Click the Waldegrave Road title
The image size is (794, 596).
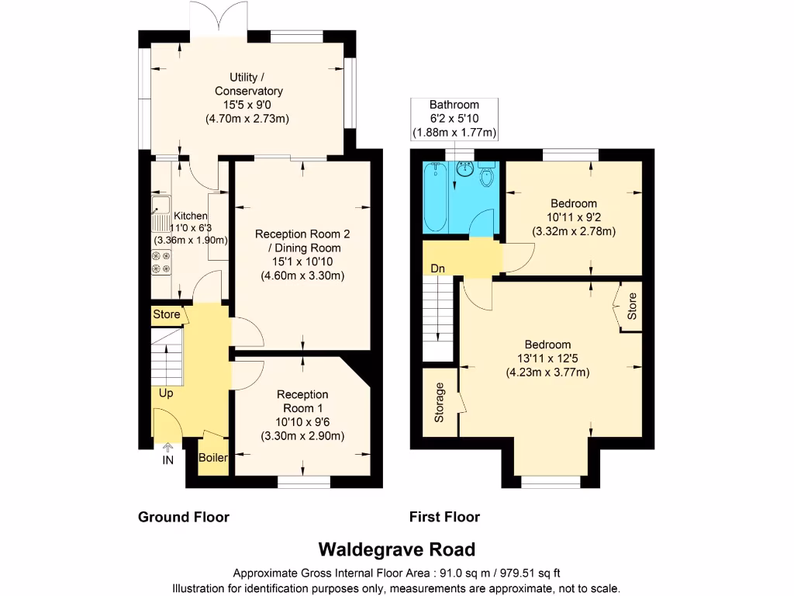(x=397, y=549)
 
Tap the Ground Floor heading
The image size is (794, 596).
(x=184, y=517)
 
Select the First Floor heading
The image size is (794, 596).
(x=444, y=517)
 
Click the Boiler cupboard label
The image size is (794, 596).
(x=213, y=458)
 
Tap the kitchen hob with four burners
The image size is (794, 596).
(x=161, y=262)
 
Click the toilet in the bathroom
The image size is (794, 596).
(x=486, y=175)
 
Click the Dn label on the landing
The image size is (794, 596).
(x=438, y=269)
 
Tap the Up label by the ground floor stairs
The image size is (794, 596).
(x=166, y=393)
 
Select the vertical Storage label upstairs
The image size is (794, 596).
(x=440, y=402)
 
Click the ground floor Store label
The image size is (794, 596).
(x=167, y=315)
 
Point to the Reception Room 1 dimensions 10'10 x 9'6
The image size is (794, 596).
(x=302, y=422)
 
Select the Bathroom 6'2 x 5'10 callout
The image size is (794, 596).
(x=454, y=119)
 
